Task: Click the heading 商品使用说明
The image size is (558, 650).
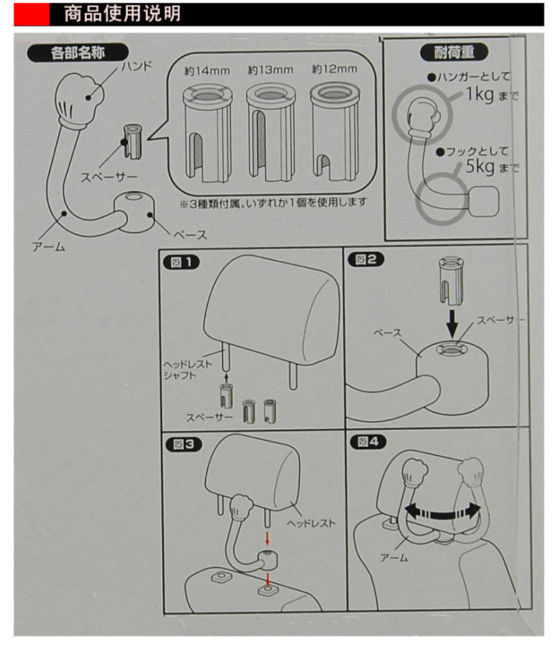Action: (x=122, y=13)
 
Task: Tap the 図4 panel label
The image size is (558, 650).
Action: (x=364, y=442)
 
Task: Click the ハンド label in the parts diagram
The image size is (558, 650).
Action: (x=136, y=67)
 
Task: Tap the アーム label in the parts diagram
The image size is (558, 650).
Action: (x=48, y=247)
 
